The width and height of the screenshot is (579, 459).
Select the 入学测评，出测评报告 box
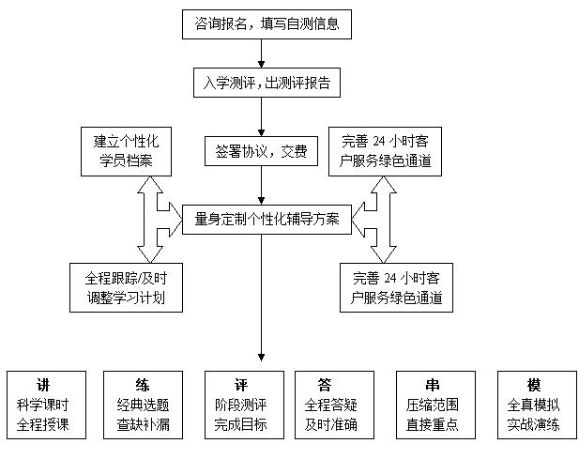tap(267, 83)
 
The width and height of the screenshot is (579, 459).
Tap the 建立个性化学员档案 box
tap(126, 151)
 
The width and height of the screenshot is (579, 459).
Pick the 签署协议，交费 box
tap(261, 151)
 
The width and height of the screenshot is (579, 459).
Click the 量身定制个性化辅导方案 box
tap(267, 221)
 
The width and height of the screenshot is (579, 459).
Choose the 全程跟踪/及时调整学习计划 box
tap(126, 287)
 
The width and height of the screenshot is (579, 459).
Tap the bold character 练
tap(142, 386)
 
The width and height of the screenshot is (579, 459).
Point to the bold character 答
tap(325, 386)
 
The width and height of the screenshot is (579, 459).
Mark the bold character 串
tap(432, 386)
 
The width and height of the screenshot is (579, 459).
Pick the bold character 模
tap(534, 386)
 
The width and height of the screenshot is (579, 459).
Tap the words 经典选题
tap(142, 405)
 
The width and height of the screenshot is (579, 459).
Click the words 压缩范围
tap(432, 405)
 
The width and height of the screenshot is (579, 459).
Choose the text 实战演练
tap(534, 425)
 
